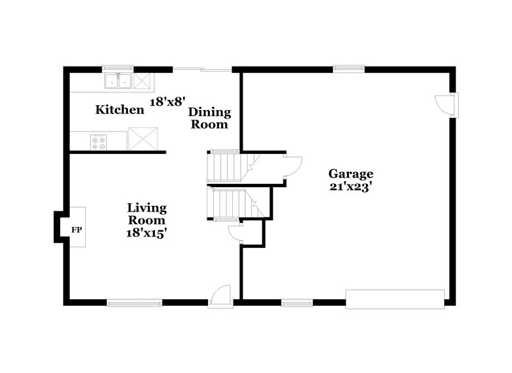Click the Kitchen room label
coord(120,110)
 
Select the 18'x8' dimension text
coord(168,101)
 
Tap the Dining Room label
coord(209,119)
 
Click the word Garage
coord(351,174)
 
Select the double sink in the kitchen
coord(118,81)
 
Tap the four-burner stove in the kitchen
coord(99,142)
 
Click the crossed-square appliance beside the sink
coord(143,81)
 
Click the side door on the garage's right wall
coord(445,104)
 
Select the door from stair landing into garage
coord(292,165)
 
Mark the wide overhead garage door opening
coord(395,299)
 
